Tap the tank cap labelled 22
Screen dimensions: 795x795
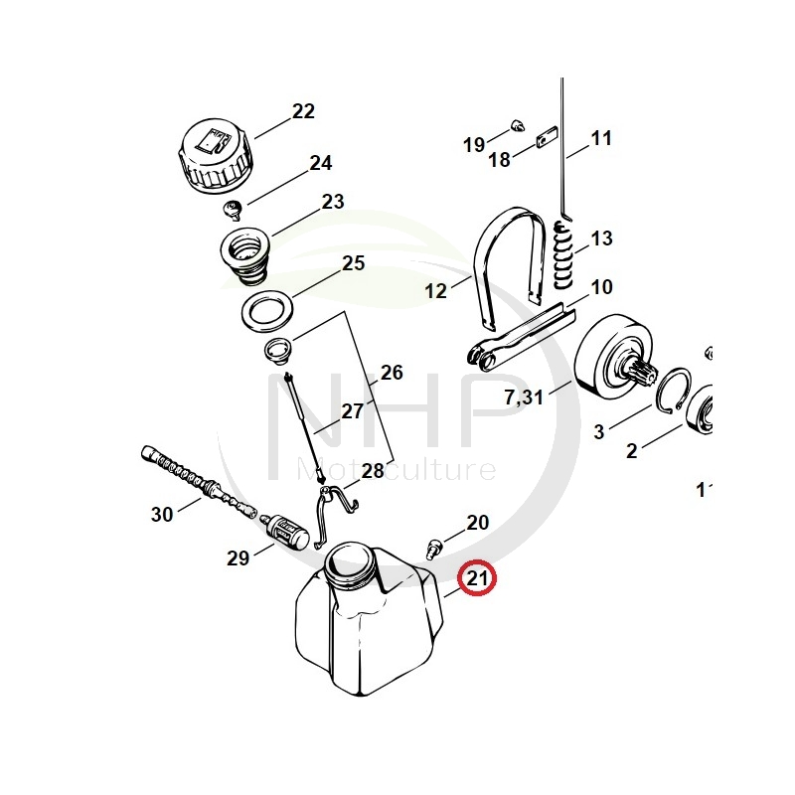(214, 157)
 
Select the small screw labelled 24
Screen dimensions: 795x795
(235, 209)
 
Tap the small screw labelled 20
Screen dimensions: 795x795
(434, 546)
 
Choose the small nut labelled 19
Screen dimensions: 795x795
(516, 123)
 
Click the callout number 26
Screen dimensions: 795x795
(392, 373)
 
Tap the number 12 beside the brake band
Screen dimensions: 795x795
(436, 291)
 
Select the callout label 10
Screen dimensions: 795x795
(602, 288)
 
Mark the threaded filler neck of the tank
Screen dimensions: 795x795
(349, 567)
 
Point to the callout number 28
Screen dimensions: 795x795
(372, 470)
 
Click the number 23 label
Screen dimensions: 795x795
(333, 202)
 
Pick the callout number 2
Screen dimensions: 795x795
(631, 451)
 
